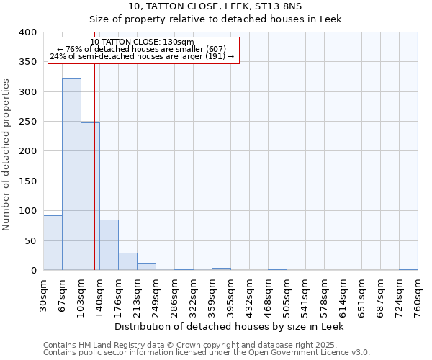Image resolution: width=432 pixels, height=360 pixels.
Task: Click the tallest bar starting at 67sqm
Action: pos(71,174)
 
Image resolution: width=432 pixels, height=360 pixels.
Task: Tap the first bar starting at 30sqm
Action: pos(53,243)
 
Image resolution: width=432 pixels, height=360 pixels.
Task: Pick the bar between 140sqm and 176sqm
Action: pos(109,245)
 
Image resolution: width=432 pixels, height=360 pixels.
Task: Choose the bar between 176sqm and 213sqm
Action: pos(127,261)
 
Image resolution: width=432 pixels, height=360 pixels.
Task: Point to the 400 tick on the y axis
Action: pos(29,32)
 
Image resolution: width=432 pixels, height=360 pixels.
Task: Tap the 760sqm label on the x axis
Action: pos(418,293)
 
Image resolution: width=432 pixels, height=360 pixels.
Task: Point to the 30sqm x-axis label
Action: pos(43,293)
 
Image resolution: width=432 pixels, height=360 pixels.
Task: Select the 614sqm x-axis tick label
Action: pos(343,293)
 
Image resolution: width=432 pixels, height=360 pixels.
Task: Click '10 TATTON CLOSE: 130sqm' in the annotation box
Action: pos(143,42)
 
